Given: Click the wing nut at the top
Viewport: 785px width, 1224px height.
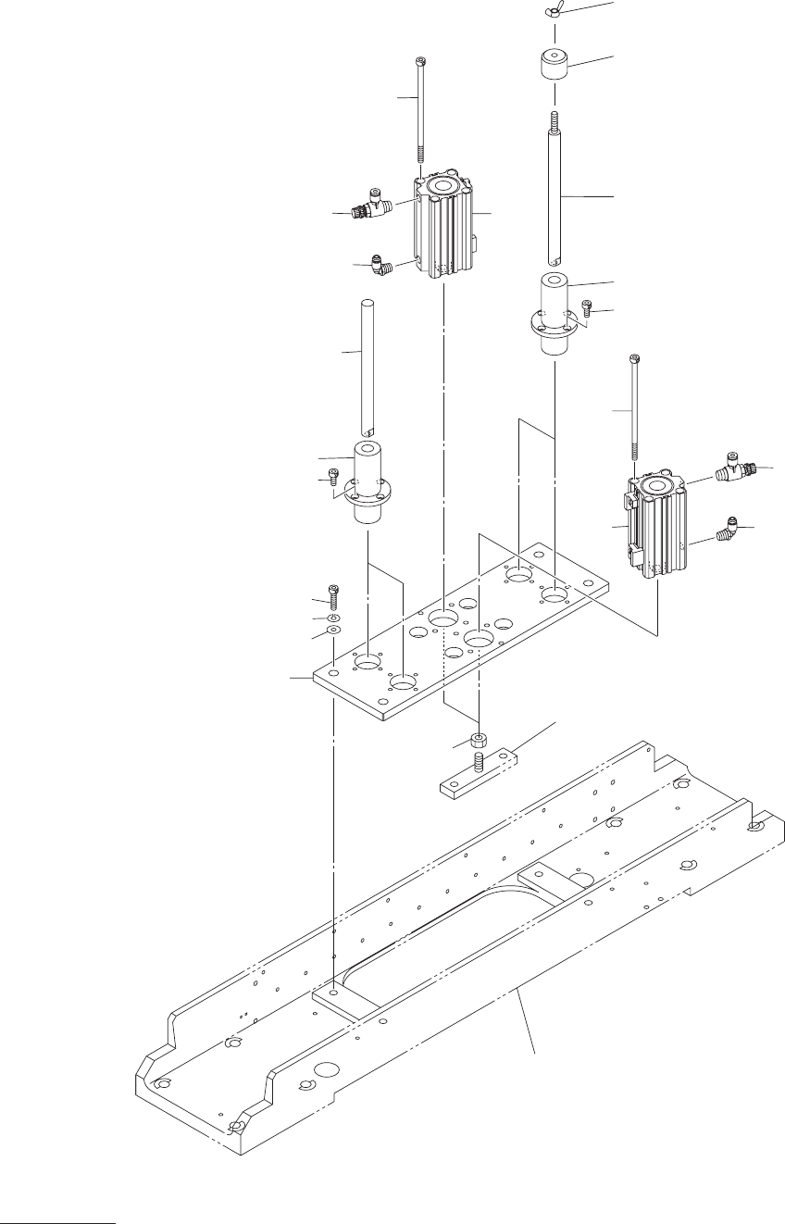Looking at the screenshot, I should [x=554, y=12].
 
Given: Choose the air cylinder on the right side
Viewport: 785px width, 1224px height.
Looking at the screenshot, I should [x=656, y=528].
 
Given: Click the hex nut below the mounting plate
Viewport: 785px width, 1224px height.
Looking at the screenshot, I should [x=478, y=740].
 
